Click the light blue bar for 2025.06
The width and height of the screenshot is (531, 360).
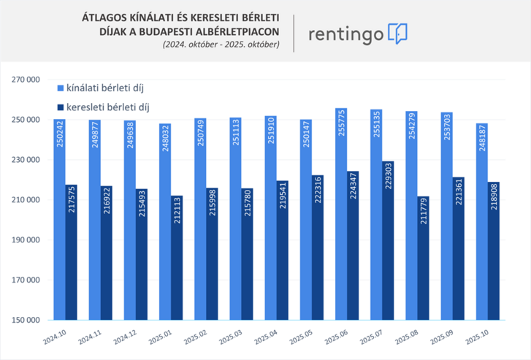[341, 219]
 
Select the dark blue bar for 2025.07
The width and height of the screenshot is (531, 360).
[388, 241]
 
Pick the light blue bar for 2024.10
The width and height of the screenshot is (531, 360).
[60, 219]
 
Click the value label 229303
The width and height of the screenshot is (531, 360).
[388, 182]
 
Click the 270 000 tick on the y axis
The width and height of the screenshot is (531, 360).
[26, 80]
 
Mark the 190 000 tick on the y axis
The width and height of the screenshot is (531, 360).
[26, 240]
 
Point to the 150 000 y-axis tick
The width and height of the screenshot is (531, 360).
[26, 320]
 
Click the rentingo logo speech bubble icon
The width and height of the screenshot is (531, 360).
[397, 33]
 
